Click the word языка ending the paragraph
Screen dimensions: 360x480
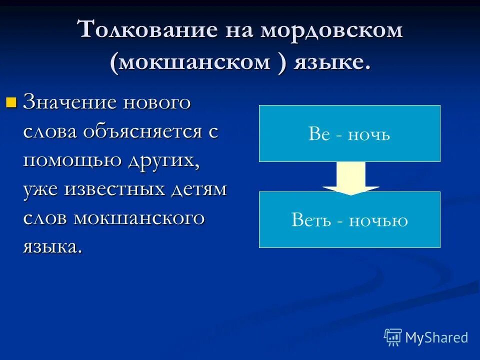coord(52,247)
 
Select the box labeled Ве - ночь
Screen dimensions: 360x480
coord(349,133)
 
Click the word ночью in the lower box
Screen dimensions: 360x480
coord(378,220)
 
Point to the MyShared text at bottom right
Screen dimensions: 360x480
coord(436,337)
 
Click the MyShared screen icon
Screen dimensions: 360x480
coord(393,337)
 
